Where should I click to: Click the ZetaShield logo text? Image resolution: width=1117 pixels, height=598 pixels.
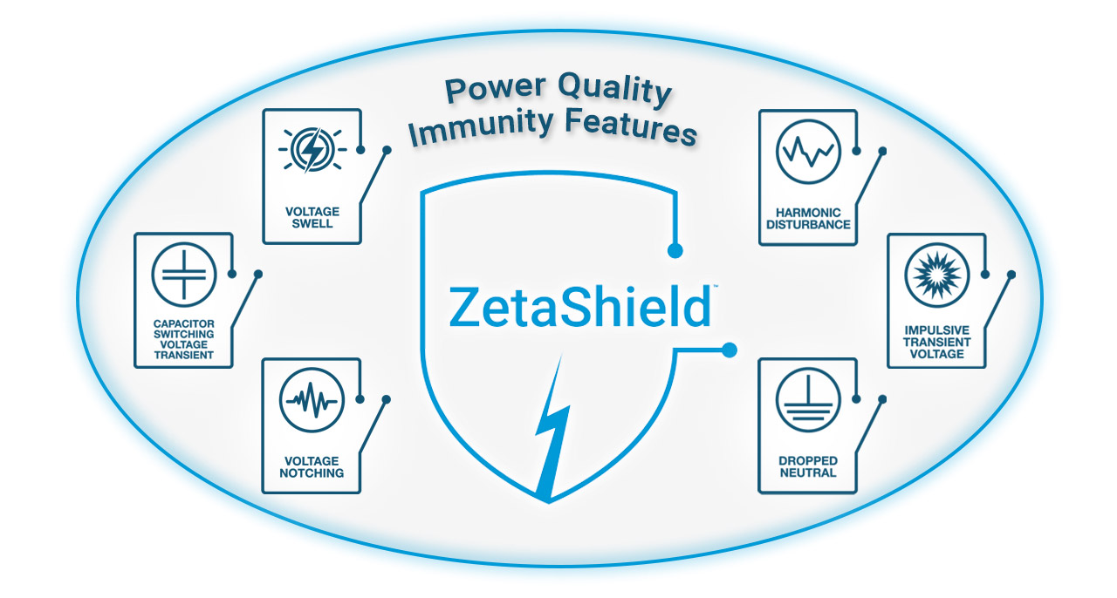579,305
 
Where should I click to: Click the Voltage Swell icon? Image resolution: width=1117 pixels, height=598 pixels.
311,150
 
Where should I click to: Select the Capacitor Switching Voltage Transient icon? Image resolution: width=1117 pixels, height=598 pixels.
183,274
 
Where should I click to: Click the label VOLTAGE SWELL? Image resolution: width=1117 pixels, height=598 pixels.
312,217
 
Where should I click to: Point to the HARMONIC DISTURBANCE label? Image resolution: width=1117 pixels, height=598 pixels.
808,218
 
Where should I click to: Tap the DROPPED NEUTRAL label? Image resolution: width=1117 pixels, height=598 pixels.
808,466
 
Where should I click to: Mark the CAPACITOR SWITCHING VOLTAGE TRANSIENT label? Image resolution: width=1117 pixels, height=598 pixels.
183,339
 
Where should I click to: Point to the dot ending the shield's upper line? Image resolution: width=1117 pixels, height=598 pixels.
675,251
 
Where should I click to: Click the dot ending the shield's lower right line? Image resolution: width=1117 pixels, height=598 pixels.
730,350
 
